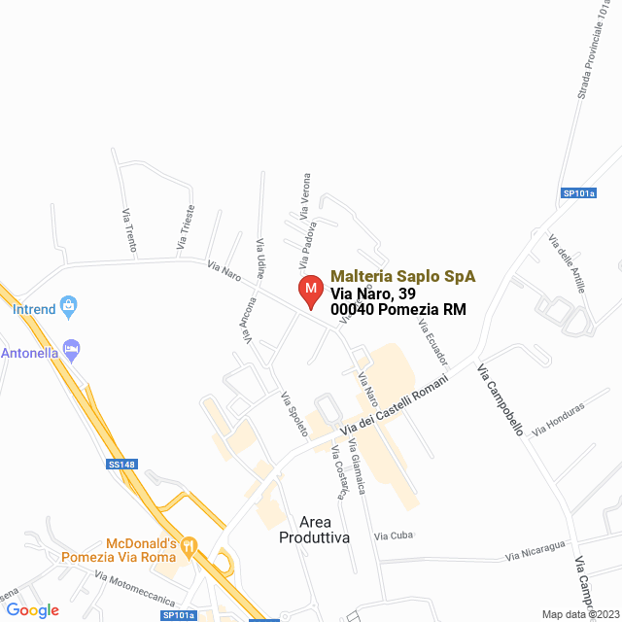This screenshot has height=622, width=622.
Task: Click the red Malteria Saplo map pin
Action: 310,291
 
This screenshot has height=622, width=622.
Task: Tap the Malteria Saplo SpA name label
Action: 402,276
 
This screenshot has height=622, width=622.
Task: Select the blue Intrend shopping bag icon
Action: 68,307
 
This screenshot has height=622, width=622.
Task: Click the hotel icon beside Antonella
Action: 71,348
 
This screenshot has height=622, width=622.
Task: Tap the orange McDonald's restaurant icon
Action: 189,547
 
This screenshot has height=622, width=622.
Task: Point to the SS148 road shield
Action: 121,465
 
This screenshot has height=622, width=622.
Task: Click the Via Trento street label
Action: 127,229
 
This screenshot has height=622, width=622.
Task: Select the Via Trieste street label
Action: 185,225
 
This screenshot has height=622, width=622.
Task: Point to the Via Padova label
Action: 307,247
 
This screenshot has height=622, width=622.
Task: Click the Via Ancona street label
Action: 251,320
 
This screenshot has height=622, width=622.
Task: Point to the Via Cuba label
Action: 394,536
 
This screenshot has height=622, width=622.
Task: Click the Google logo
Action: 32,610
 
